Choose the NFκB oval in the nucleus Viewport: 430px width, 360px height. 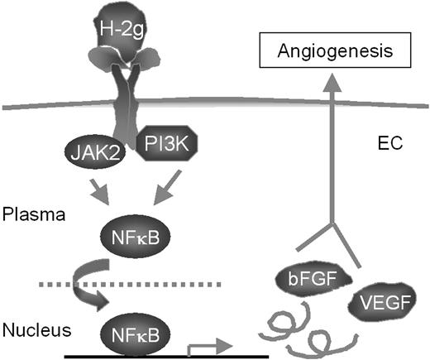[x=132, y=335]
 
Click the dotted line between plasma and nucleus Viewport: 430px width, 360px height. [x=182, y=285]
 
